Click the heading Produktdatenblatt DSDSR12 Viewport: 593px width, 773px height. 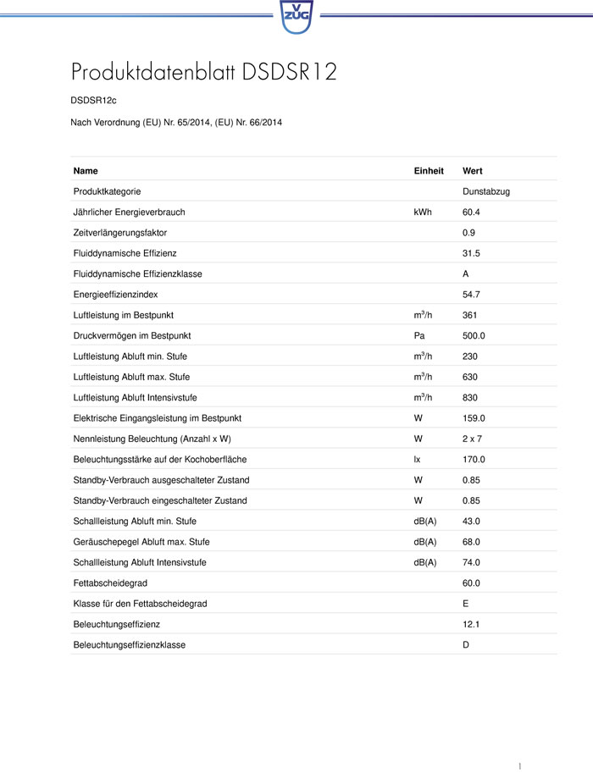pos(204,72)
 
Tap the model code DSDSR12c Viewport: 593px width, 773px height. pos(93,101)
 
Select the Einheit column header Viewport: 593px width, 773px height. pos(429,171)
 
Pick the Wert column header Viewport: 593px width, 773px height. pos(473,171)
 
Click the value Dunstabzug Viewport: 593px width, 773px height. pos(486,192)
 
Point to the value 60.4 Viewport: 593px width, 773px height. pos(471,213)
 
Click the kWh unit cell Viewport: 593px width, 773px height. pos(423,213)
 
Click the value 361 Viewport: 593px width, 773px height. pos(469,315)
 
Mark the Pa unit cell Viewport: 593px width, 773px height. pos(418,336)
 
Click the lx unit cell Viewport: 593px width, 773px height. pos(417,460)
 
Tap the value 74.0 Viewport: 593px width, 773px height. pos(471,562)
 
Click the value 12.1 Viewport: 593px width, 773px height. pos(471,624)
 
